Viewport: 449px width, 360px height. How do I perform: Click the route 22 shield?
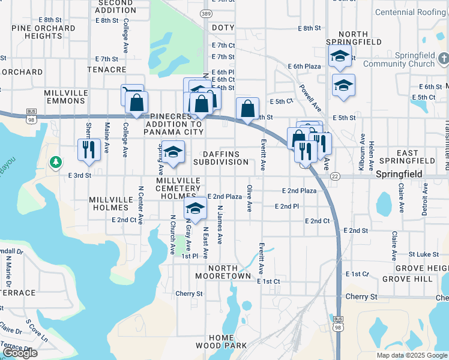[335, 176]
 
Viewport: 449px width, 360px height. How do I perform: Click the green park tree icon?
[55, 162]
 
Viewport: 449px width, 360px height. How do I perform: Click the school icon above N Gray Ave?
[195, 207]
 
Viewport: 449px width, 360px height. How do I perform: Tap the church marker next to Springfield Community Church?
[444, 59]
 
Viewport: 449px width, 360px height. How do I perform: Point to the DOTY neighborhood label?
[223, 28]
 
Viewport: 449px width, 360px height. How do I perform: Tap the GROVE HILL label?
[408, 280]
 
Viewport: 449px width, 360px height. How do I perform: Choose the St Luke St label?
[421, 254]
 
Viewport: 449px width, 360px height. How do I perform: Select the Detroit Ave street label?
[424, 199]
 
